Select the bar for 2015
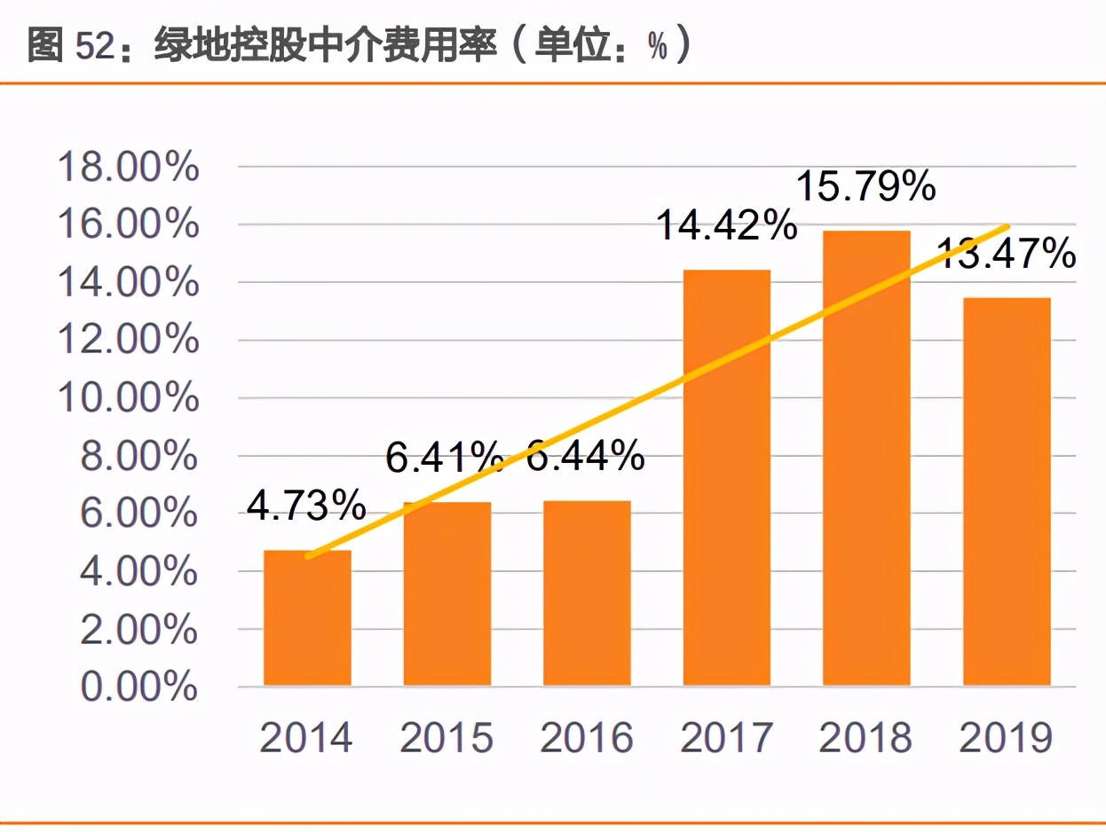447,594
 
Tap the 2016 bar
587,593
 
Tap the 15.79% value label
865,187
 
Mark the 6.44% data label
586,457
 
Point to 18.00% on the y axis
128,167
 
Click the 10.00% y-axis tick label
128,398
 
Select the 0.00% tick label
139,687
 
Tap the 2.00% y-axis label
139,629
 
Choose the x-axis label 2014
306,738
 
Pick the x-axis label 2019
1007,738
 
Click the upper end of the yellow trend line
1007,226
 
